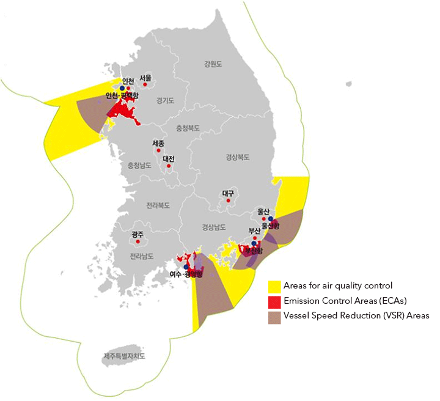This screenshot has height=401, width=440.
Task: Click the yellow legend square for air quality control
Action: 274,285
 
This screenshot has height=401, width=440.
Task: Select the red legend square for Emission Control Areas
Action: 274,301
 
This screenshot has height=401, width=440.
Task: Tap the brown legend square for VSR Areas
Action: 274,316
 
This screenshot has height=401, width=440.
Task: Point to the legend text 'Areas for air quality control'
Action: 337,285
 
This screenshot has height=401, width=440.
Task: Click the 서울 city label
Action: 145,78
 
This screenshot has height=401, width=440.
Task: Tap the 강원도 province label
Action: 213,64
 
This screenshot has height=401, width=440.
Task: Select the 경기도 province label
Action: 165,100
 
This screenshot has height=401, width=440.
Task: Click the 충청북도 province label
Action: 189,129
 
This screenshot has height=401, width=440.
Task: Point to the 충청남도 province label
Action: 139,165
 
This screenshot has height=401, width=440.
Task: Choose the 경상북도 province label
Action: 237,157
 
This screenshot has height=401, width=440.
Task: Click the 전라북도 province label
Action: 158,205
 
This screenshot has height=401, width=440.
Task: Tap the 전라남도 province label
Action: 142,256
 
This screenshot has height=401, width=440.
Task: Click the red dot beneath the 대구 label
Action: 229,200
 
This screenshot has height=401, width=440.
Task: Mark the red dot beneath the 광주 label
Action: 138,241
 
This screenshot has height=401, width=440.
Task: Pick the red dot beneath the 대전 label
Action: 169,166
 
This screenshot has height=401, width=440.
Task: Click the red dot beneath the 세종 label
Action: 158,150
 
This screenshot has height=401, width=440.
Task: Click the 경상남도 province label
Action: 214,227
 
